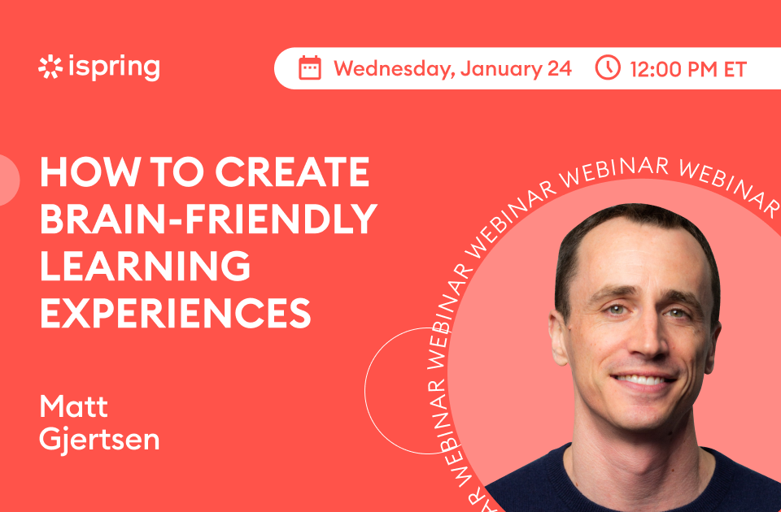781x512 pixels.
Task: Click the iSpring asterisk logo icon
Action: click(x=50, y=67)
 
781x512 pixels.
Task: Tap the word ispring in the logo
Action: click(x=115, y=67)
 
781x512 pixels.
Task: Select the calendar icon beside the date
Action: click(x=310, y=67)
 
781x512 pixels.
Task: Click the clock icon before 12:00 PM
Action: click(x=608, y=67)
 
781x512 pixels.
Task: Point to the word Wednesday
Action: click(x=394, y=68)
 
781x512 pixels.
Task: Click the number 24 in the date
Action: click(x=560, y=68)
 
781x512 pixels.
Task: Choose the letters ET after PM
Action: click(x=735, y=69)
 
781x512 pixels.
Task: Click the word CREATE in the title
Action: click(x=292, y=171)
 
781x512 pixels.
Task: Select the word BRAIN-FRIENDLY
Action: click(x=208, y=219)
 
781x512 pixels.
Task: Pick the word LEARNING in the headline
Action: click(x=145, y=266)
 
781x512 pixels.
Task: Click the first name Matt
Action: click(x=74, y=407)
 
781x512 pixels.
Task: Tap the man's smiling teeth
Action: click(x=643, y=380)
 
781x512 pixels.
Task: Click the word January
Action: click(x=501, y=69)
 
